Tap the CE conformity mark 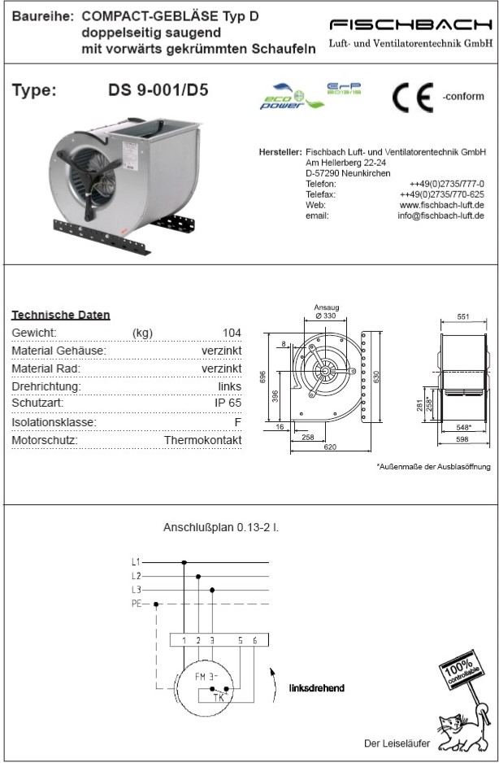pyautogui.click(x=413, y=97)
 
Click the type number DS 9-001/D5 pyautogui.click(x=158, y=90)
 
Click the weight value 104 pyautogui.click(x=231, y=333)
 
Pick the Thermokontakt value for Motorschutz pyautogui.click(x=202, y=440)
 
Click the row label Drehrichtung pyautogui.click(x=46, y=386)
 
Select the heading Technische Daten pyautogui.click(x=61, y=315)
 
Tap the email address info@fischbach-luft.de pyautogui.click(x=440, y=216)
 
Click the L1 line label pyautogui.click(x=136, y=562)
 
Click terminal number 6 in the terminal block pyautogui.click(x=254, y=640)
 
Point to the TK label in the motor pyautogui.click(x=219, y=697)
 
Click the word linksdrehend pyautogui.click(x=316, y=688)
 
